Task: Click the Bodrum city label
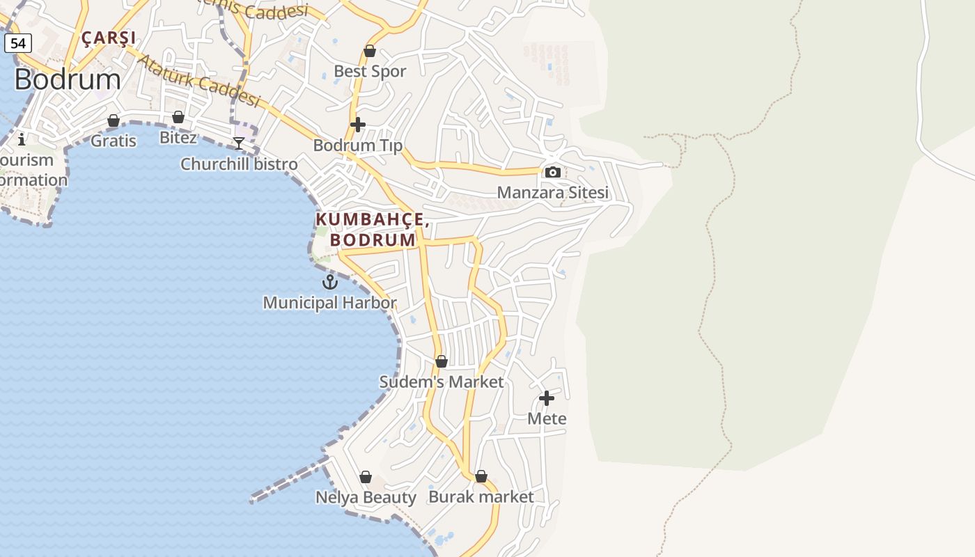click(x=68, y=79)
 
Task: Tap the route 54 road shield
click(x=18, y=43)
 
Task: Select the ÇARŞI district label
click(x=109, y=38)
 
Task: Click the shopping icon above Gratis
click(x=114, y=121)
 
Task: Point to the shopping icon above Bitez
click(x=178, y=117)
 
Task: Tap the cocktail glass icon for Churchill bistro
click(x=239, y=143)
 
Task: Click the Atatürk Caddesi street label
click(x=198, y=81)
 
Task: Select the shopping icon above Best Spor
click(x=370, y=51)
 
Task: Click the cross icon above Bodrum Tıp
click(x=358, y=125)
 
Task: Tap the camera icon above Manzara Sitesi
click(x=553, y=172)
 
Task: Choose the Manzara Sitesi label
click(x=552, y=192)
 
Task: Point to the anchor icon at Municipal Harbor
click(x=330, y=282)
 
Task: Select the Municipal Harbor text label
click(x=329, y=303)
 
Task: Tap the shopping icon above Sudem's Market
click(x=442, y=361)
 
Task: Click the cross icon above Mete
click(x=547, y=398)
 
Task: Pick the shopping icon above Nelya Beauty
click(x=366, y=477)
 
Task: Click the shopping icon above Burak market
click(x=481, y=476)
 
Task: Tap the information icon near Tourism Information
click(x=22, y=139)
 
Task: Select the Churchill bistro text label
click(x=239, y=164)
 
